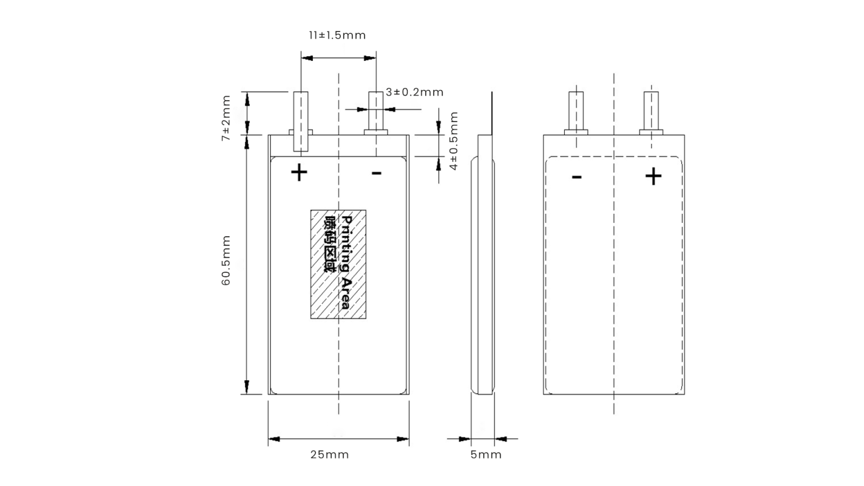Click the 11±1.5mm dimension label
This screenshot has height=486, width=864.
(337, 35)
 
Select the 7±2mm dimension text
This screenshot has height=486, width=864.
(226, 118)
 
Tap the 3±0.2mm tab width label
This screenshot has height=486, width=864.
(415, 92)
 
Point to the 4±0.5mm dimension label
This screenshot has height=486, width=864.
(453, 140)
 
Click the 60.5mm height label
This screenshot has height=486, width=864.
(226, 260)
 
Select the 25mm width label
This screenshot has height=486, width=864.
(330, 454)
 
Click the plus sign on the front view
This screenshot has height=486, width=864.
(299, 172)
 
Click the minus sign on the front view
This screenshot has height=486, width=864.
(376, 173)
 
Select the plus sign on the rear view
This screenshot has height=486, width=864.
(653, 177)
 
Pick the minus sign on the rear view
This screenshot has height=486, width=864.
(577, 178)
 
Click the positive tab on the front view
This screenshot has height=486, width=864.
(301, 121)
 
